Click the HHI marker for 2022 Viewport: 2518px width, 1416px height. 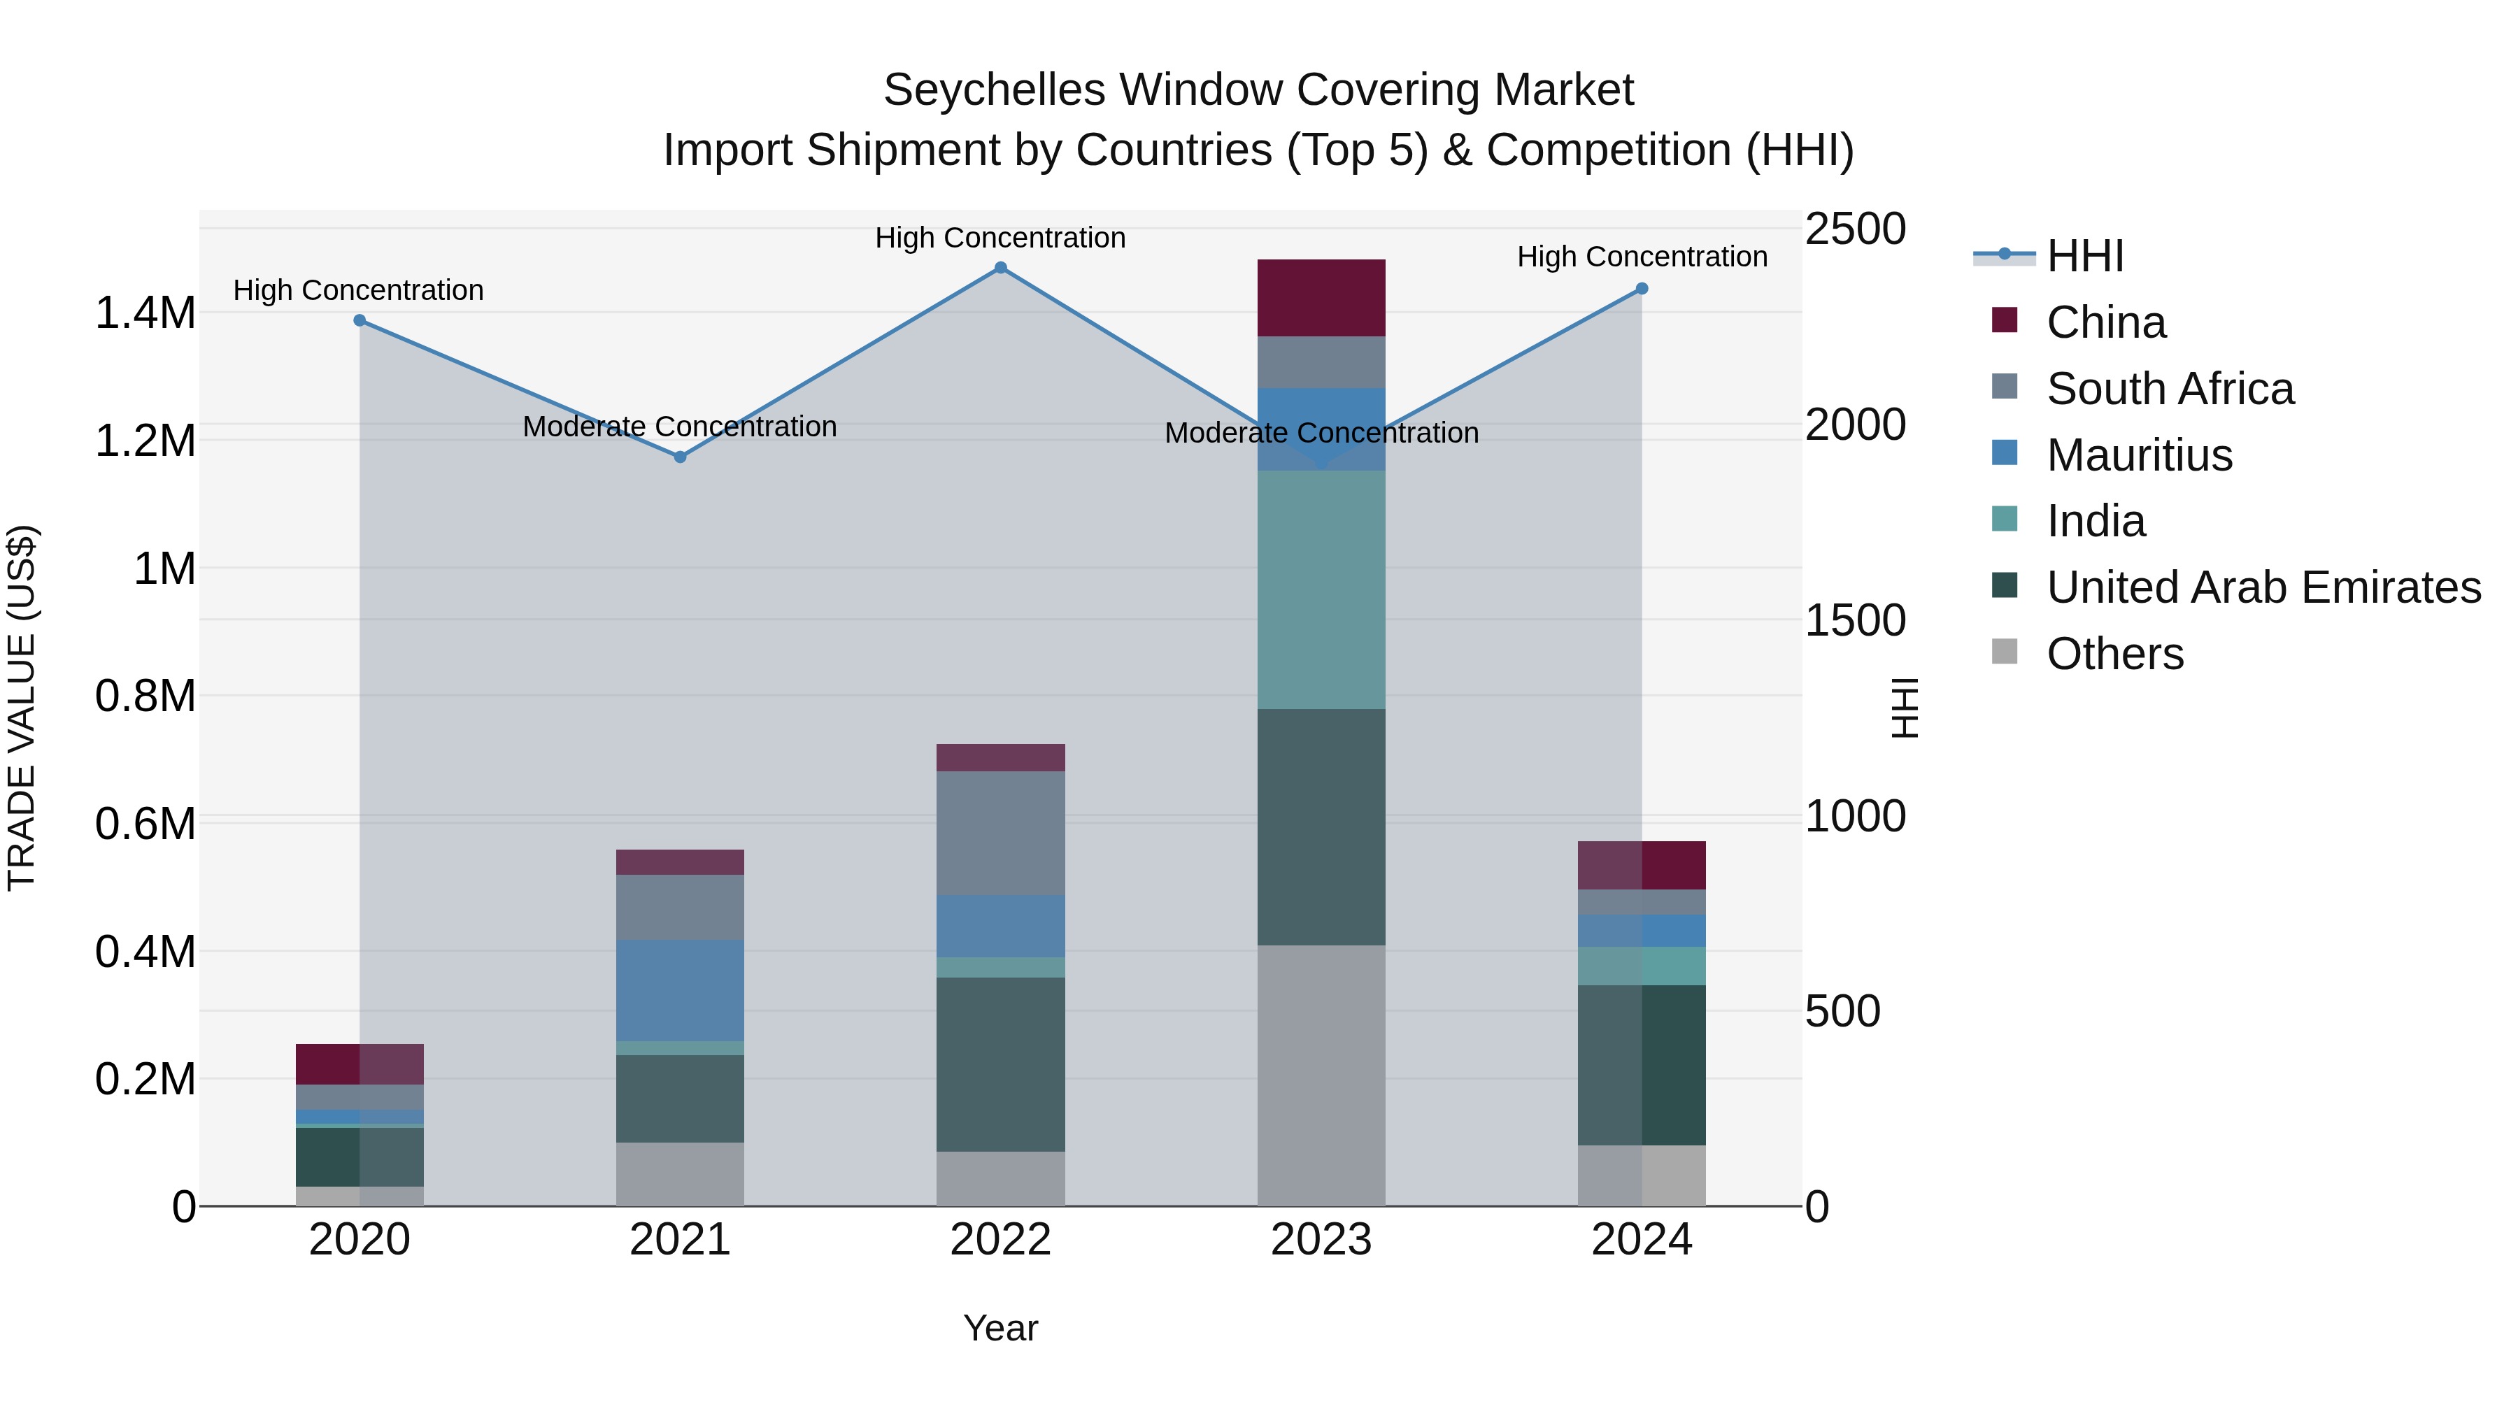(1000, 268)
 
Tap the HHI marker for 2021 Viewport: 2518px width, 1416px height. (681, 457)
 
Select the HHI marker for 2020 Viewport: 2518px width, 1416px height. (360, 320)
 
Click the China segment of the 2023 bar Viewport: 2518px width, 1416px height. (1321, 298)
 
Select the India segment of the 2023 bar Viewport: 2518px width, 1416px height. (1321, 589)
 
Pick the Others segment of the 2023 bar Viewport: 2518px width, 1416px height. (1321, 1075)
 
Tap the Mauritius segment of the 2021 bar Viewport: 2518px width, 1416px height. (681, 990)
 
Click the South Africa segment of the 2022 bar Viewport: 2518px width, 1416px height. (1000, 833)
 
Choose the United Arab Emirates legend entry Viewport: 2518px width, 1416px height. (2263, 587)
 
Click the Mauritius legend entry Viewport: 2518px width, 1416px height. (2139, 455)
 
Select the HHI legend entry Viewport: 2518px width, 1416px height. (2084, 256)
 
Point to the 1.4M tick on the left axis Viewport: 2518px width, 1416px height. (145, 314)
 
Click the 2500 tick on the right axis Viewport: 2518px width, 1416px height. (1854, 229)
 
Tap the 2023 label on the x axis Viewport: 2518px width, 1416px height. (1321, 1240)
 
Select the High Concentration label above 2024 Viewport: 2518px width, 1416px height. (1642, 257)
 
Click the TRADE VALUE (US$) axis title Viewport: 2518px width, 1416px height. (22, 708)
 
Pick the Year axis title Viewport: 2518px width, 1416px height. (1000, 1328)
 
